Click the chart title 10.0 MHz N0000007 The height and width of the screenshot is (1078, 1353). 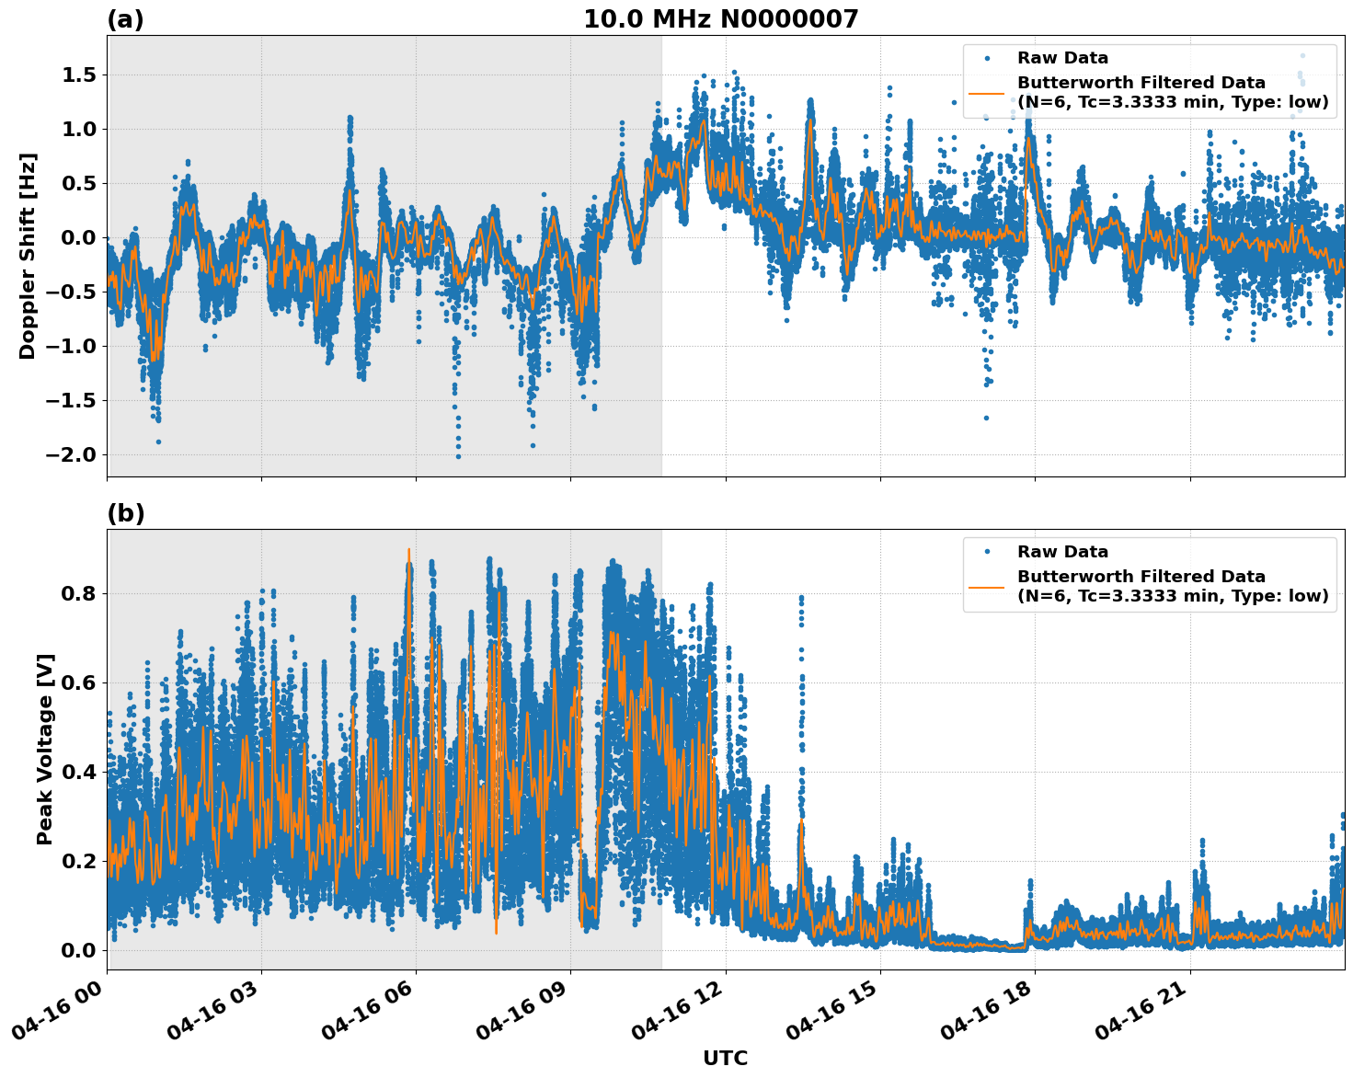(720, 19)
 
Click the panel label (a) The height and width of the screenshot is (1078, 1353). (125, 19)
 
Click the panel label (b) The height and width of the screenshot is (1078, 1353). (125, 513)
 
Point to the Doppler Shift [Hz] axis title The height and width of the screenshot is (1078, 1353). (28, 256)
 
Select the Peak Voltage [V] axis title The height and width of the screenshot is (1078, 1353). (45, 749)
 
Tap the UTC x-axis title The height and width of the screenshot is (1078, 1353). (725, 1058)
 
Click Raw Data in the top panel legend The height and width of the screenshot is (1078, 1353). (1062, 58)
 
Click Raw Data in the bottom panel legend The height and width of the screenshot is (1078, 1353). (1062, 552)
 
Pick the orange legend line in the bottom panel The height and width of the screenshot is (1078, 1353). (987, 587)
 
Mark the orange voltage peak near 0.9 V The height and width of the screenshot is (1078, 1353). (408, 550)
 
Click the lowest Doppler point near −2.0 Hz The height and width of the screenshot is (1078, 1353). (458, 456)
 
